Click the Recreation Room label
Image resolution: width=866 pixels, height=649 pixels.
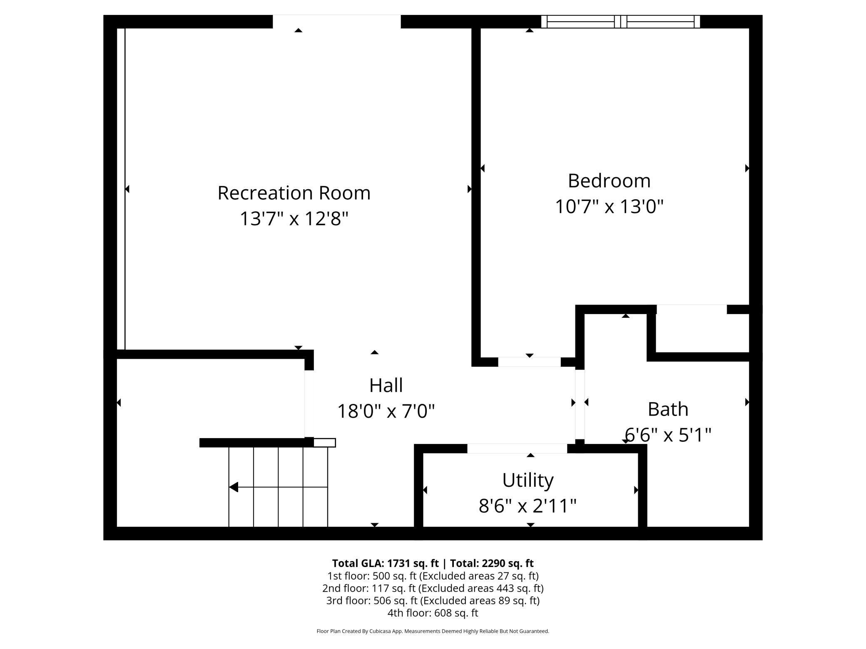click(x=294, y=193)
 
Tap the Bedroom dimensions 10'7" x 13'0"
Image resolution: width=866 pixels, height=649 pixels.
click(x=609, y=206)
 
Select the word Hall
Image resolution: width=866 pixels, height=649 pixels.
click(x=386, y=385)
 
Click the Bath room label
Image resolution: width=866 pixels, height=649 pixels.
click(x=668, y=409)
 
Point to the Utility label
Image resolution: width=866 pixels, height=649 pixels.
click(x=528, y=480)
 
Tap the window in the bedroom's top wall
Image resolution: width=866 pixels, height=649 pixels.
click(x=620, y=22)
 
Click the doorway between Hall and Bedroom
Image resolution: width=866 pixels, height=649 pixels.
click(x=529, y=362)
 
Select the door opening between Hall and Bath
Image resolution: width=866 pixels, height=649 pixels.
click(x=580, y=404)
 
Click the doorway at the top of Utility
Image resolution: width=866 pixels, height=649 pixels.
click(x=517, y=448)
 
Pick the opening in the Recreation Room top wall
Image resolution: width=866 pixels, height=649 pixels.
click(x=336, y=22)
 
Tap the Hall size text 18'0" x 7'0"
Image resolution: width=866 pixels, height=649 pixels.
click(x=386, y=411)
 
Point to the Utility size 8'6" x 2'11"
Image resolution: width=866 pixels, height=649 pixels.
click(x=528, y=506)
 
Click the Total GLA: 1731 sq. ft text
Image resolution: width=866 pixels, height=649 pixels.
click(x=385, y=563)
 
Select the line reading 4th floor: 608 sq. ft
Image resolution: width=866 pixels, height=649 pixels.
click(x=433, y=613)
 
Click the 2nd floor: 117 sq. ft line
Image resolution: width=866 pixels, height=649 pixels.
click(x=433, y=588)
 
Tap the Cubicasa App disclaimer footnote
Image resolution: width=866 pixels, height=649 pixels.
click(x=433, y=631)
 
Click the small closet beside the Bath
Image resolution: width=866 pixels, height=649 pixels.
click(x=702, y=333)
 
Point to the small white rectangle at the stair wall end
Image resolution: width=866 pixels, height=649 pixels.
click(x=324, y=443)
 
